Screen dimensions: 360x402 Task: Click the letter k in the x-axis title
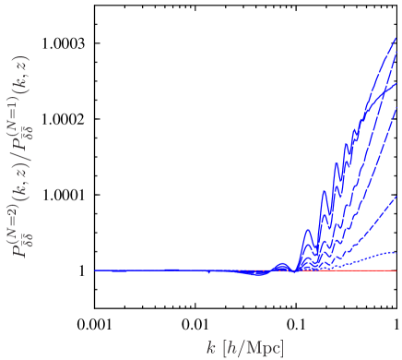point(210,348)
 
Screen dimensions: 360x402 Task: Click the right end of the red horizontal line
point(396,271)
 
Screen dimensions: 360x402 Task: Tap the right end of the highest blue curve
point(396,38)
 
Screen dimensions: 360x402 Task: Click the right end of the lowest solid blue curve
point(396,195)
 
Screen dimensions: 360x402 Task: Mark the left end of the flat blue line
point(96,270)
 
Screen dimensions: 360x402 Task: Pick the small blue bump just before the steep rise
point(282,266)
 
